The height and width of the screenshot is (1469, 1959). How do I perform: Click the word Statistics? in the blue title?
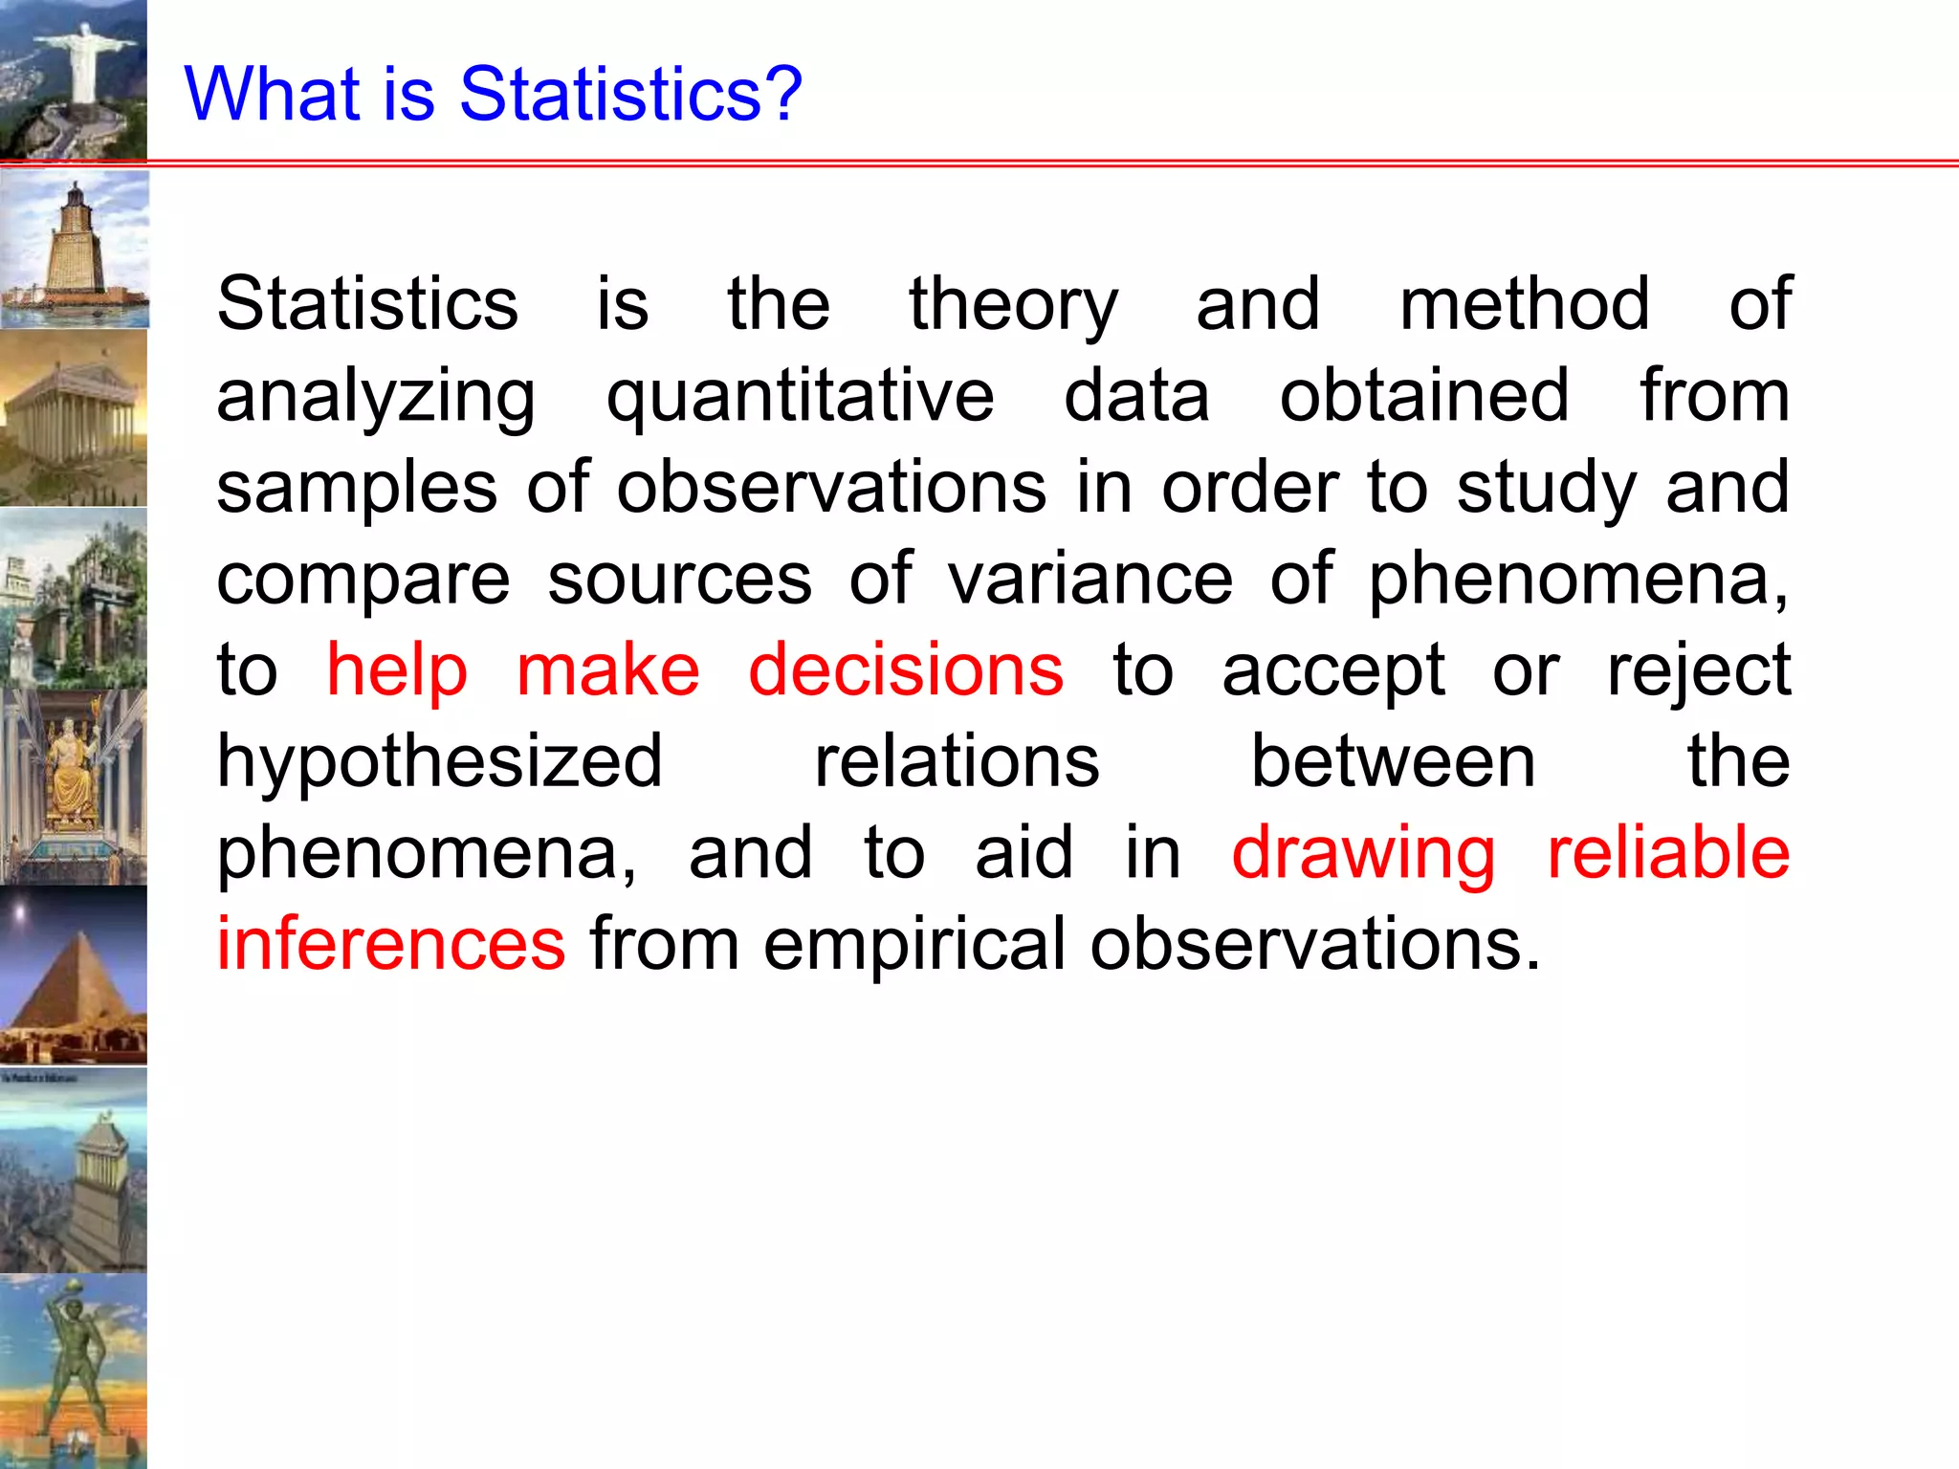click(630, 94)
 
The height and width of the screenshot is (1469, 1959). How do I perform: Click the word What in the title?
click(274, 94)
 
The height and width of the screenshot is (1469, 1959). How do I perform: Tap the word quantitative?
click(800, 397)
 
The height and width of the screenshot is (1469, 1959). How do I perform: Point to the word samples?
click(357, 488)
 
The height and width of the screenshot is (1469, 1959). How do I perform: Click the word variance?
click(1090, 580)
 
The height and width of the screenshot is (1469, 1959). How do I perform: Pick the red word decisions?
click(905, 669)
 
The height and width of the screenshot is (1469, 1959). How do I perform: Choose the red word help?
click(397, 669)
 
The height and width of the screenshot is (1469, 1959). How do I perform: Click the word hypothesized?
click(439, 762)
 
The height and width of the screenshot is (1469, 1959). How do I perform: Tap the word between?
click(1393, 762)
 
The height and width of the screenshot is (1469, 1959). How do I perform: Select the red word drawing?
click(1363, 853)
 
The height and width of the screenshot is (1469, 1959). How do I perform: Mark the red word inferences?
click(391, 944)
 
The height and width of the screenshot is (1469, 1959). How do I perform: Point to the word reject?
click(1698, 671)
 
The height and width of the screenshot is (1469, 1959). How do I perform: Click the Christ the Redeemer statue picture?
click(74, 78)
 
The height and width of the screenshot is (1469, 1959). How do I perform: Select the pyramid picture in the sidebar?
click(74, 976)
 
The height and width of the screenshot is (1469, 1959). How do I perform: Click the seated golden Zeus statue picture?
click(74, 786)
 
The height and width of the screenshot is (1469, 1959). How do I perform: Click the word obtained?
click(1423, 397)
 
